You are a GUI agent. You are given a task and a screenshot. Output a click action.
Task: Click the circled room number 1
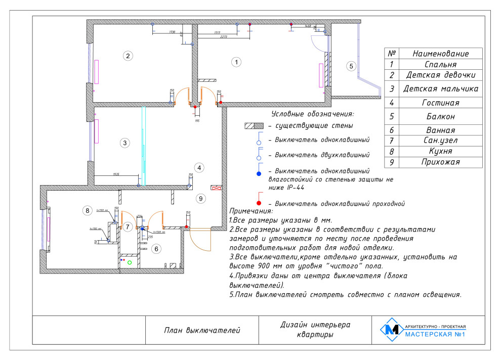[236, 62]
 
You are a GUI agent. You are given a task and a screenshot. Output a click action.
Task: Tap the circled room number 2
[129, 56]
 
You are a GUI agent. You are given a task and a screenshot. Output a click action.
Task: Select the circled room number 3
[124, 143]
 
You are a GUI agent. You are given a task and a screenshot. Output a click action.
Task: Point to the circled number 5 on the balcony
[351, 66]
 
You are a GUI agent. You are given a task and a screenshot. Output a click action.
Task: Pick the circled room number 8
[88, 210]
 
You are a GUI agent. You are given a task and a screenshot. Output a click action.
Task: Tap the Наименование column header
[440, 54]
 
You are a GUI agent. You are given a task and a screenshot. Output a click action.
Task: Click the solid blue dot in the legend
[259, 174]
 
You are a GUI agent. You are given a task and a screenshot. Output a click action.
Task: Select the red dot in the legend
[259, 203]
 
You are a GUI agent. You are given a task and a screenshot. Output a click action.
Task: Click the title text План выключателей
[202, 331]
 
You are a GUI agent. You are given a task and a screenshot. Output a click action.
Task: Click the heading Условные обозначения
[312, 114]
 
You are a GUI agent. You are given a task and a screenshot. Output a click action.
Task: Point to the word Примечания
[251, 211]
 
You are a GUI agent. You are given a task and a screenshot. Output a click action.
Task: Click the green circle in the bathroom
[130, 262]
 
